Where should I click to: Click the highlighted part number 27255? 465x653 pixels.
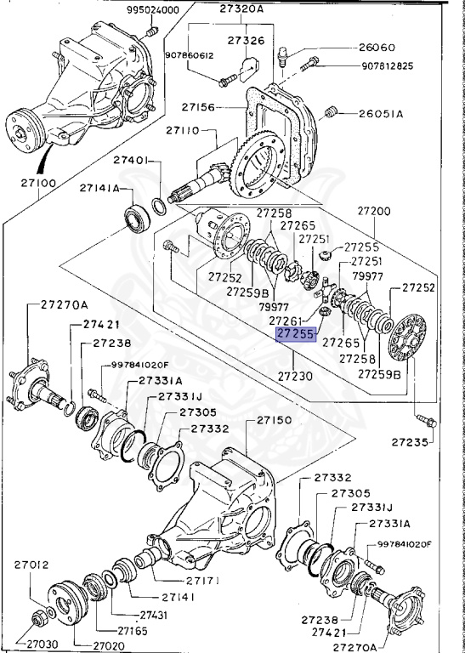click(x=296, y=334)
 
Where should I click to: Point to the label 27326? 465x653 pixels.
click(x=246, y=41)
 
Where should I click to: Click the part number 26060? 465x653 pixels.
click(x=377, y=48)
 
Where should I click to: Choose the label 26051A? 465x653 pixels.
click(x=381, y=114)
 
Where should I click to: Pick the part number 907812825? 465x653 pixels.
click(x=387, y=65)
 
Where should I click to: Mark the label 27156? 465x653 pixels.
click(x=198, y=107)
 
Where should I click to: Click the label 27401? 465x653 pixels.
click(x=131, y=161)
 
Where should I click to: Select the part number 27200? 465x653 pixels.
click(x=374, y=211)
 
